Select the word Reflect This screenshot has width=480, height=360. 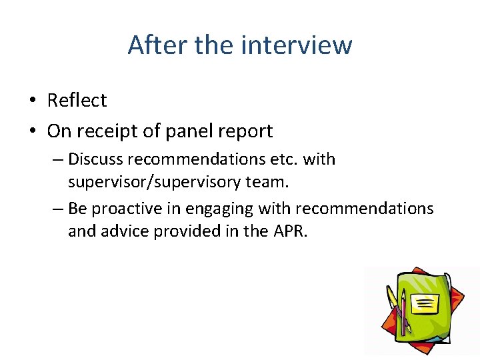77,100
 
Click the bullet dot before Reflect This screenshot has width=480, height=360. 33,101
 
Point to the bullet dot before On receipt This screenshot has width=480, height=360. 33,131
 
